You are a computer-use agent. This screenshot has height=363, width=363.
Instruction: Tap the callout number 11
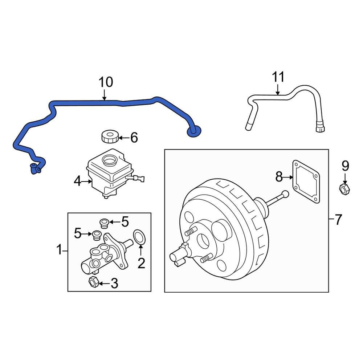pos(278,77)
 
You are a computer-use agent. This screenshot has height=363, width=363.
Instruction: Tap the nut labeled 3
pos(93,282)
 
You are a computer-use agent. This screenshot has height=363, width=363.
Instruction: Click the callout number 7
pos(338,219)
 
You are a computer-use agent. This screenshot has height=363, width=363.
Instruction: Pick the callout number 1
pos(59,250)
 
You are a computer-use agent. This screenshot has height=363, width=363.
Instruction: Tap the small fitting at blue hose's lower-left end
pos(35,168)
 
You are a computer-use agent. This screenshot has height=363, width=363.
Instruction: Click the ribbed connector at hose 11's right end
pos(320,128)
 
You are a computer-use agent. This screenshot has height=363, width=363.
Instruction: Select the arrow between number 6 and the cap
pos(123,138)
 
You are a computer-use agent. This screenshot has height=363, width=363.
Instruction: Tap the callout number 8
pos(279,177)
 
